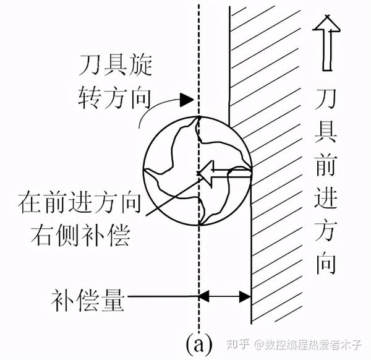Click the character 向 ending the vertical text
pyautogui.click(x=325, y=263)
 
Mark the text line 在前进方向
pyautogui.click(x=81, y=202)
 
